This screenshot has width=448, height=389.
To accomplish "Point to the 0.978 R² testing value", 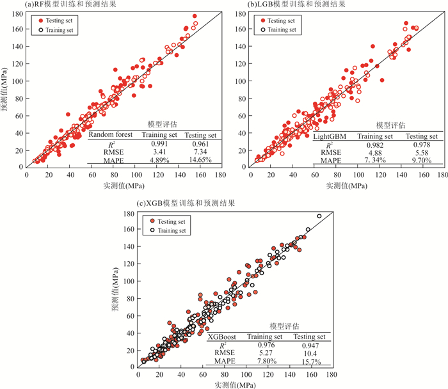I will coord(422,145).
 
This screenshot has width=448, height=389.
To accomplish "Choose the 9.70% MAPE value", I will coord(422,161).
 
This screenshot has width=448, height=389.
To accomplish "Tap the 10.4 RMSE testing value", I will coord(310,353).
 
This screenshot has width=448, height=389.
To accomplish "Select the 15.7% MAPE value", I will coord(310,361).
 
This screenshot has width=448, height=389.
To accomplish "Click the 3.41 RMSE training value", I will coord(153,152).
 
